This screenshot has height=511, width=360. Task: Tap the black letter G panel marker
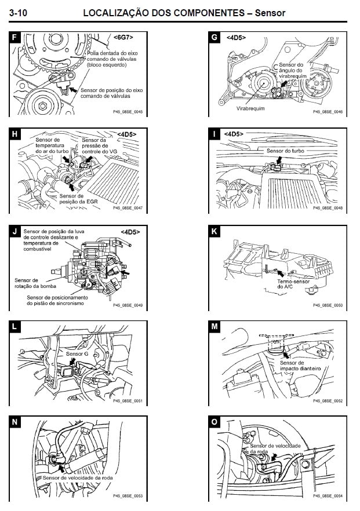[x=214, y=38]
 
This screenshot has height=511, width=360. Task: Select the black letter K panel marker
[x=214, y=232]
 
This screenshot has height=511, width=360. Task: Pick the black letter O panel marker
[x=214, y=422]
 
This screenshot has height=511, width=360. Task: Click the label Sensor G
[x=78, y=353]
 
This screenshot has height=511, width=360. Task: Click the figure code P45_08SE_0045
[x=128, y=112]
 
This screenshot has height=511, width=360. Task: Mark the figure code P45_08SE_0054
[x=328, y=496]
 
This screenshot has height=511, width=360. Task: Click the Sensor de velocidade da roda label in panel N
[x=77, y=477]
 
